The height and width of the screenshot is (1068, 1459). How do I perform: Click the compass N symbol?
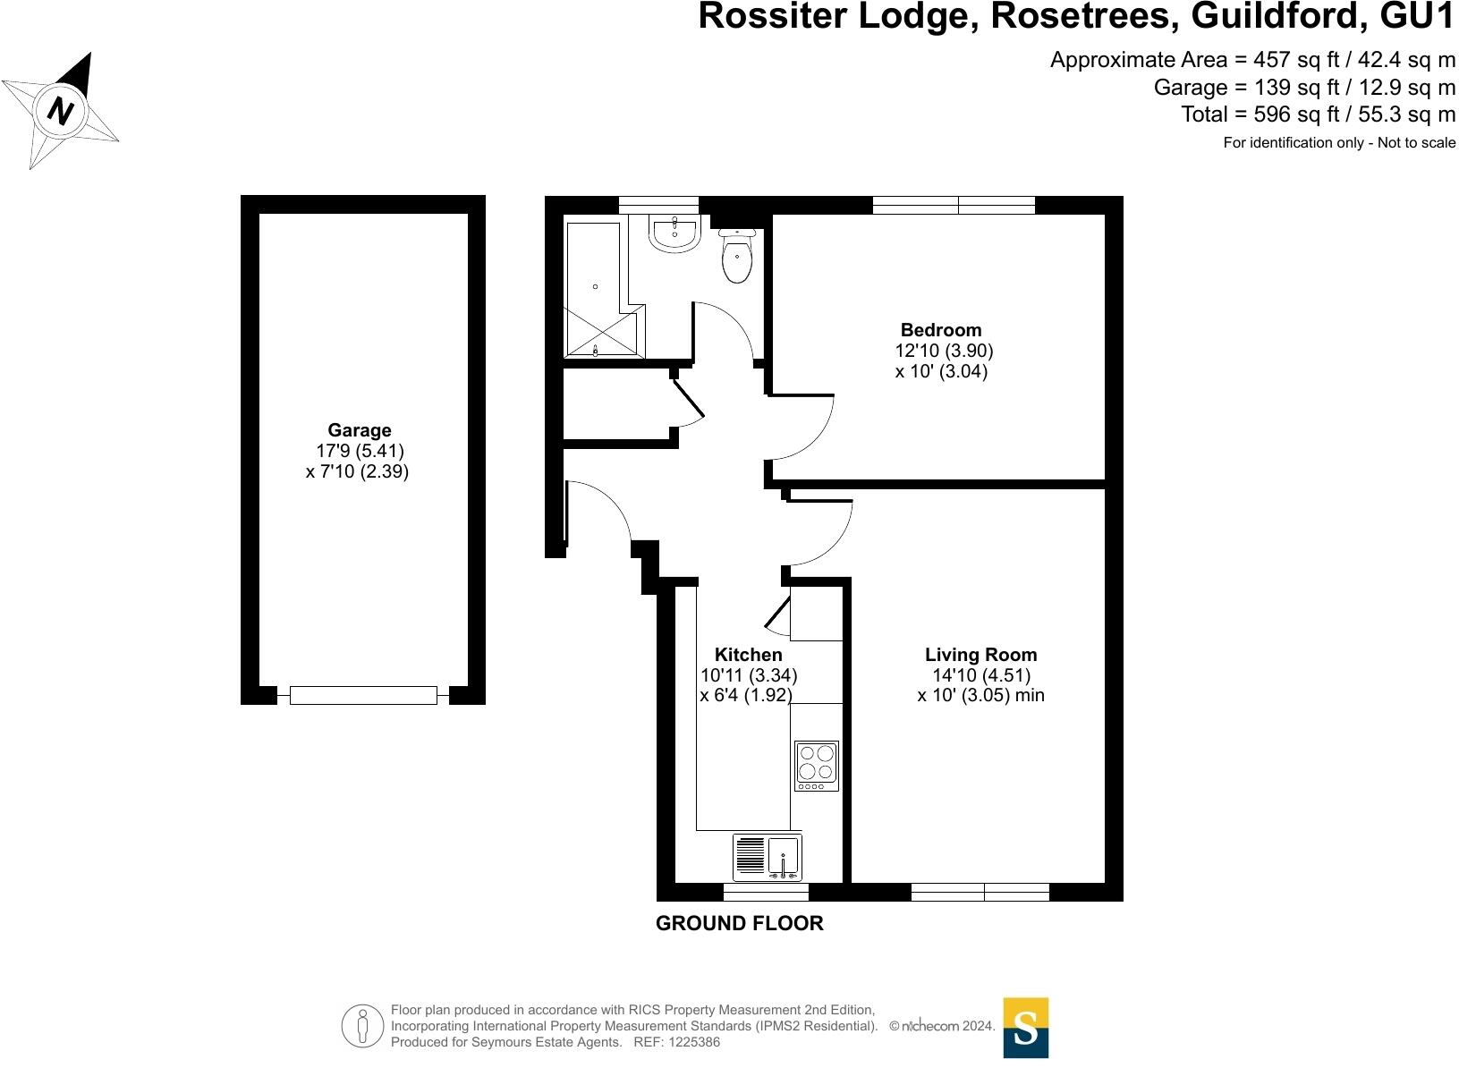[x=60, y=111]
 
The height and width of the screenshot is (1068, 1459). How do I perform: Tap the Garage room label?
[x=359, y=430]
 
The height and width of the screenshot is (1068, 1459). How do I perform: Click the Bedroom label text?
[x=940, y=330]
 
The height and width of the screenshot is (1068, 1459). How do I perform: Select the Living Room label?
[x=980, y=655]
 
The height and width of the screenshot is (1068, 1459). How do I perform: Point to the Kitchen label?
[x=748, y=655]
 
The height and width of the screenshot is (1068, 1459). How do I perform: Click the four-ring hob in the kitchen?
[x=816, y=766]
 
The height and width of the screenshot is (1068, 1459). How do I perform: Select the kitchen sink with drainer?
[x=767, y=857]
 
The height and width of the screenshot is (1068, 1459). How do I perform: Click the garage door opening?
[x=363, y=695]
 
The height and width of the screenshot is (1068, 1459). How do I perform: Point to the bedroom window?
[x=954, y=205]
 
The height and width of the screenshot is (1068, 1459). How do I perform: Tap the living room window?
[x=980, y=892]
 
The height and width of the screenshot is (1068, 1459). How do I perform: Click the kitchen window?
[x=766, y=892]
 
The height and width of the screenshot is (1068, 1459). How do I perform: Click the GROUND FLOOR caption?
[x=739, y=924]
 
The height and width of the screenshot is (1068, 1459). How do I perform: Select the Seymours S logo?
[x=1025, y=1028]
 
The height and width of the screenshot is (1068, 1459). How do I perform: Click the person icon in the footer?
[x=361, y=1027]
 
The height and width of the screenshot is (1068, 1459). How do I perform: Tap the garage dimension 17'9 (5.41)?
[x=355, y=451]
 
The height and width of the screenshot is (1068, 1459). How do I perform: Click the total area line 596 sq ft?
[x=1318, y=114]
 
